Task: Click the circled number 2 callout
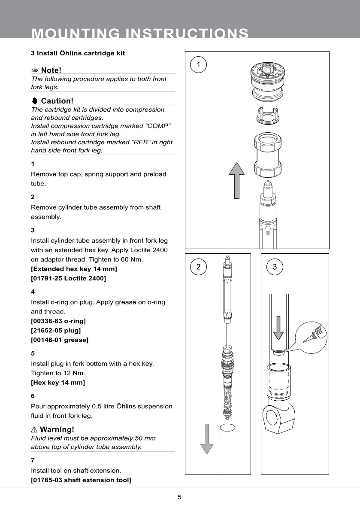[198, 267]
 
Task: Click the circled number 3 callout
[275, 267]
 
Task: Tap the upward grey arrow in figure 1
[236, 180]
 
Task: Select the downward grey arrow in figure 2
[207, 438]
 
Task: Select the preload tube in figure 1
[268, 155]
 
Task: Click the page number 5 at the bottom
[180, 497]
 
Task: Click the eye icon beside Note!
[35, 70]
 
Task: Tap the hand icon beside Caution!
[35, 101]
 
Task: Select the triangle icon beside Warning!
[34, 429]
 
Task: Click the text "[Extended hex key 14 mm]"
[74, 269]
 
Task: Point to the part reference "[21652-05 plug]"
[56, 330]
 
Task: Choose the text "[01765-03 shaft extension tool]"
[81, 480]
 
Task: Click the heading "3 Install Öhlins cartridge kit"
[78, 53]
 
